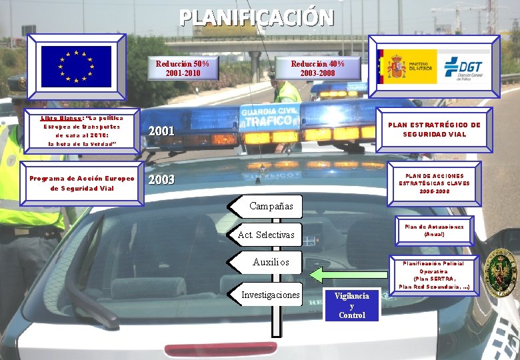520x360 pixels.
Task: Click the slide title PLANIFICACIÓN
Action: tap(257, 17)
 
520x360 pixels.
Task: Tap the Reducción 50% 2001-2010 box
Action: tap(183, 68)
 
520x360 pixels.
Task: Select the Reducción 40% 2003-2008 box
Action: tap(318, 68)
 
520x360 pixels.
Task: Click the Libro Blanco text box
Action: tap(81, 131)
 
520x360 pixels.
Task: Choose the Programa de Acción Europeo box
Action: tap(82, 183)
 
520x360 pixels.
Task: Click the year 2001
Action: tap(161, 131)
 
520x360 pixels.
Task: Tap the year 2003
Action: tap(161, 180)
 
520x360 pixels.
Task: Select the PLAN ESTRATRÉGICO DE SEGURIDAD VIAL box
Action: tap(434, 129)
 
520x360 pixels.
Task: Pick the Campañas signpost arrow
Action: tap(266, 206)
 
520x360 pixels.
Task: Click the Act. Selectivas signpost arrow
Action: tap(266, 235)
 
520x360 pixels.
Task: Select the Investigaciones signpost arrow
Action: tap(270, 295)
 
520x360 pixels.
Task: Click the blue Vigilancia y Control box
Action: tap(352, 305)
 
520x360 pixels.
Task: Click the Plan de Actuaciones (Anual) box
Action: tap(434, 231)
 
